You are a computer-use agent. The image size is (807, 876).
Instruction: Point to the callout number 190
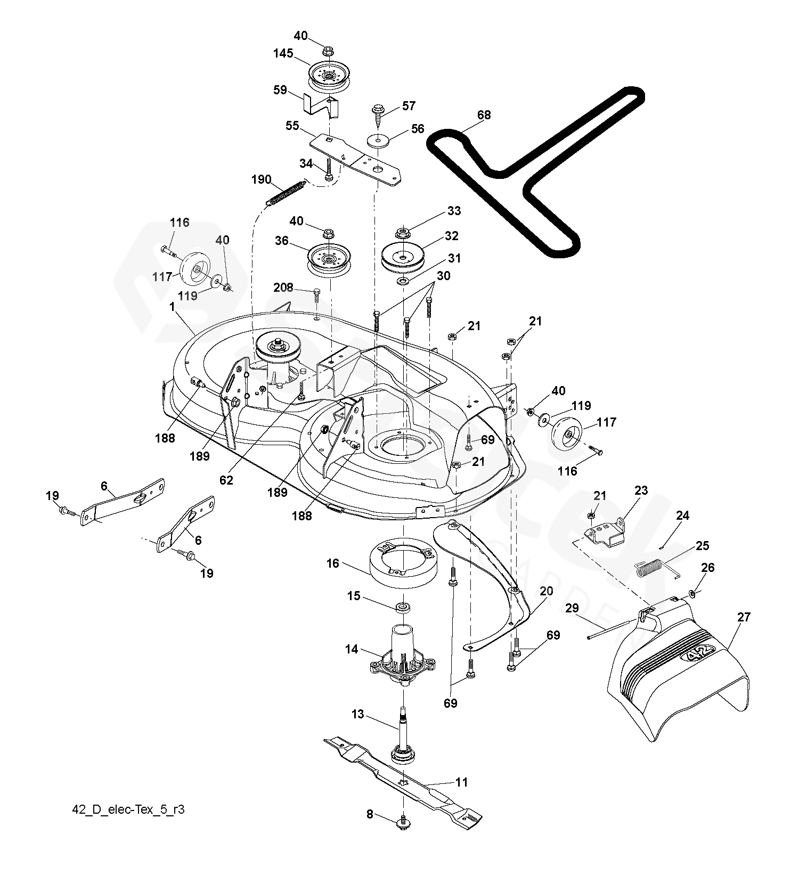tap(261, 179)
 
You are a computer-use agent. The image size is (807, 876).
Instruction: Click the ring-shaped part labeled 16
tap(403, 563)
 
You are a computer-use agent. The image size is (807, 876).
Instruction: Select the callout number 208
tap(283, 288)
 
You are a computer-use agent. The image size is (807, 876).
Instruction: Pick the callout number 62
tap(226, 480)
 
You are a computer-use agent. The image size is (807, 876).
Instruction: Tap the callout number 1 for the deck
tap(173, 307)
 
